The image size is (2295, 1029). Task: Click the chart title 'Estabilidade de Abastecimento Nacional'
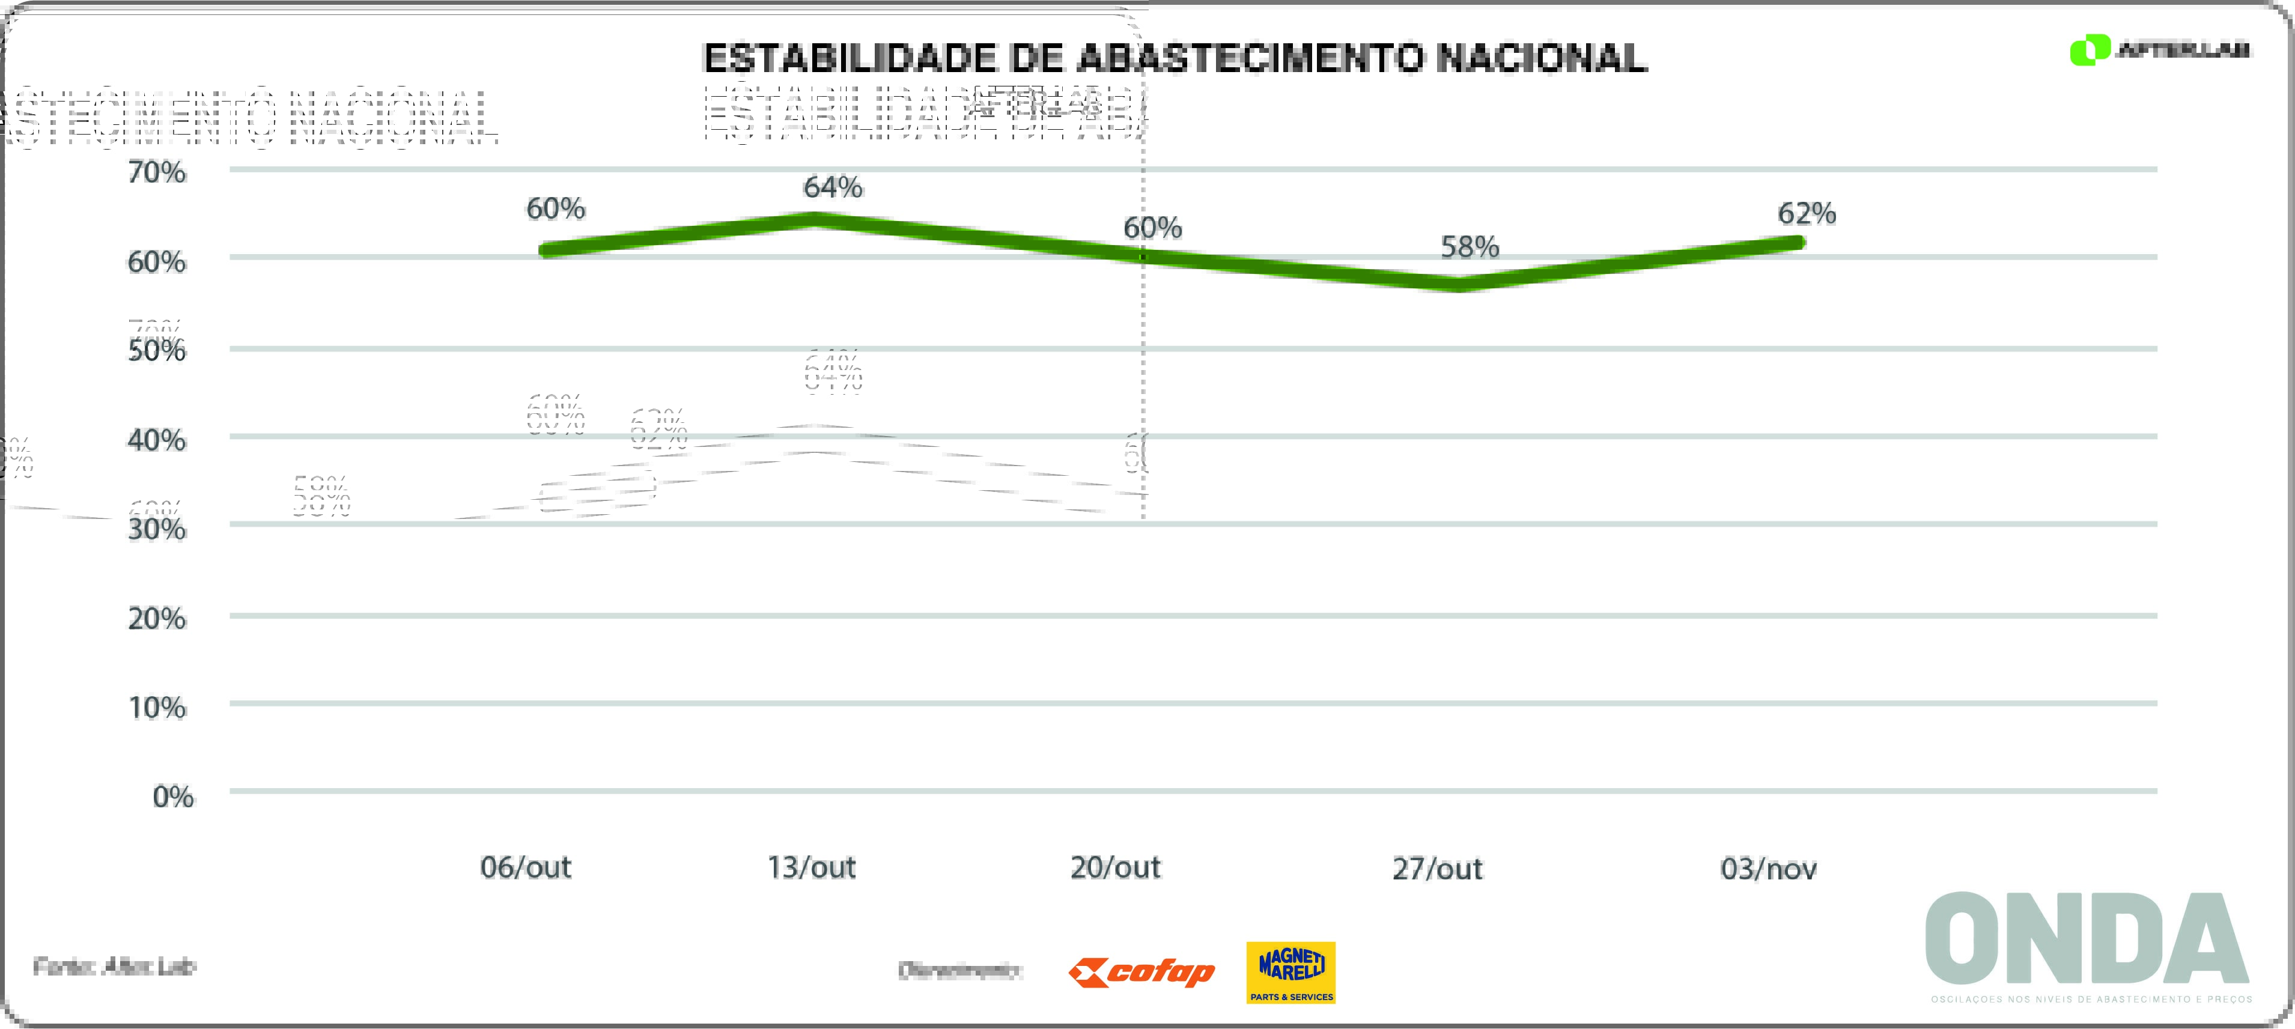click(x=1174, y=59)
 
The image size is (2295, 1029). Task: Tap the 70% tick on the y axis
click(x=157, y=172)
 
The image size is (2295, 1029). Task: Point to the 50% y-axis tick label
click(x=157, y=350)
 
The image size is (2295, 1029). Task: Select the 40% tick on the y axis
click(x=157, y=440)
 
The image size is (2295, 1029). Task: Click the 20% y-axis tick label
click(x=157, y=618)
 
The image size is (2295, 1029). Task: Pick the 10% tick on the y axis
click(x=157, y=708)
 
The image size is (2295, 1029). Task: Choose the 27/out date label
click(x=1437, y=869)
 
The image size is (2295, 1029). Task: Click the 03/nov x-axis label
click(x=1769, y=869)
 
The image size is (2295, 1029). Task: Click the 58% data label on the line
click(x=1470, y=247)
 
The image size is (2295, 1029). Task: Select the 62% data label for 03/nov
click(x=1807, y=214)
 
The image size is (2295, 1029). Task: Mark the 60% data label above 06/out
click(x=556, y=210)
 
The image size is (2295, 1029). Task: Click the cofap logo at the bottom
click(x=1142, y=972)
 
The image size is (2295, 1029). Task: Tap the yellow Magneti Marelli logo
click(x=1291, y=972)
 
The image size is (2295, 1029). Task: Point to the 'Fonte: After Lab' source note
click(x=114, y=967)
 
